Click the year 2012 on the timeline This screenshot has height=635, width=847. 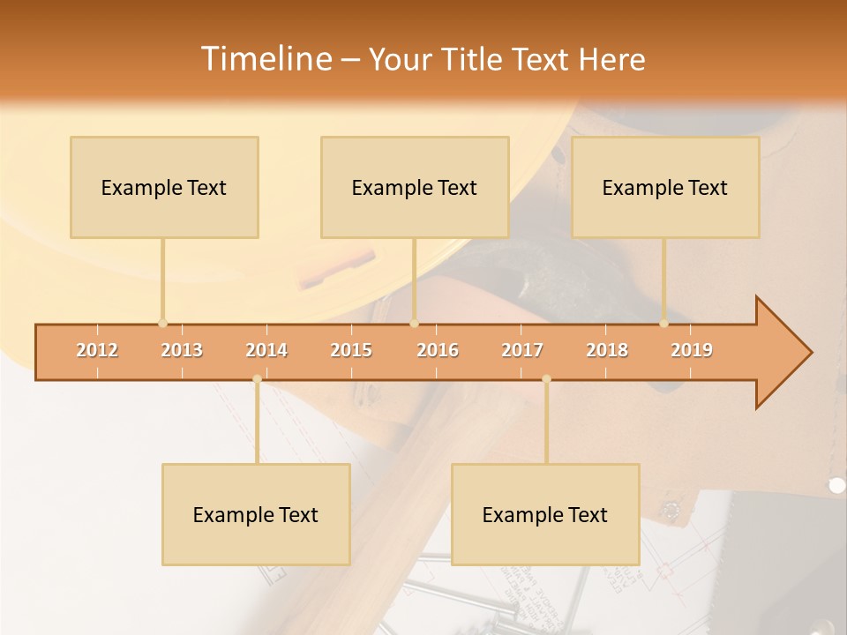click(97, 350)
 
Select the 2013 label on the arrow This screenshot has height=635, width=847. click(182, 350)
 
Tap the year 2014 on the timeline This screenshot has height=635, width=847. click(266, 350)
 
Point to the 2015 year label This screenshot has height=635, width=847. click(351, 350)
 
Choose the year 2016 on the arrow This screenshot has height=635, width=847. click(438, 350)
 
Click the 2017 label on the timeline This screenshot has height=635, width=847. click(522, 350)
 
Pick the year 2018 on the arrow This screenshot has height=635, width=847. click(607, 350)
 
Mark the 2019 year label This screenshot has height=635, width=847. click(692, 350)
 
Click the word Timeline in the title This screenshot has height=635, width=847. click(265, 58)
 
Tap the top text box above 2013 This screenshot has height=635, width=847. click(164, 187)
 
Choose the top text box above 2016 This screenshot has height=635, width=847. click(415, 187)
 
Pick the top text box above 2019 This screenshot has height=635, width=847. click(665, 187)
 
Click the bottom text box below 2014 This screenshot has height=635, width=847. click(256, 514)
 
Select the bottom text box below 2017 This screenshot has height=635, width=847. click(545, 514)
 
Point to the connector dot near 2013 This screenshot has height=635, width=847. click(162, 323)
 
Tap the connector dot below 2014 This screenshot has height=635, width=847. click(257, 379)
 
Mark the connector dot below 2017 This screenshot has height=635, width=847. click(546, 379)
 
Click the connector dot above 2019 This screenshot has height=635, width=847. click(663, 323)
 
